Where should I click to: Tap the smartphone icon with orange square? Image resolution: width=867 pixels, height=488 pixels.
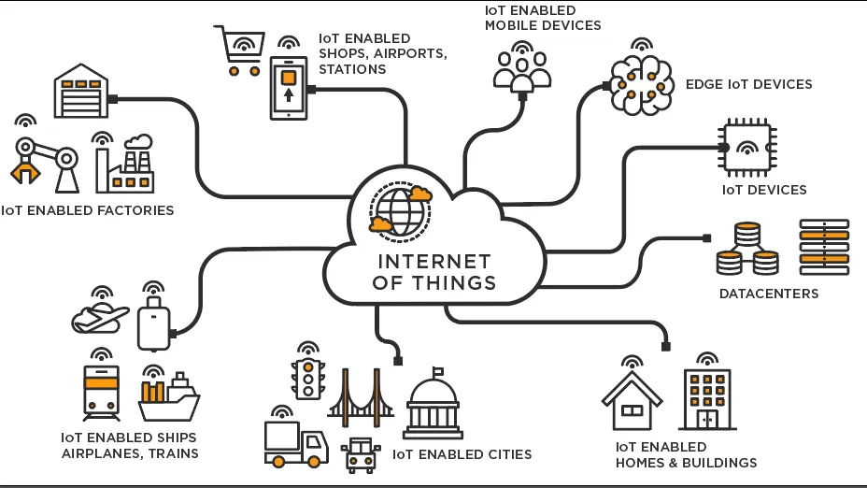point(288,88)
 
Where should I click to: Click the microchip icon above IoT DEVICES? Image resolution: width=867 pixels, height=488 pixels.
point(748,147)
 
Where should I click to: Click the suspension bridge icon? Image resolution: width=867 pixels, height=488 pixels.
point(360,394)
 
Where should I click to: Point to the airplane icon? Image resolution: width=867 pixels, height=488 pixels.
point(100,317)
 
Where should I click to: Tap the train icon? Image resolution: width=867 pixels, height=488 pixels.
point(100,393)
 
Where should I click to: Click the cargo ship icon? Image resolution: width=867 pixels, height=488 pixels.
point(169,398)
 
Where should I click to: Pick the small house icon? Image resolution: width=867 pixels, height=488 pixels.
point(632,400)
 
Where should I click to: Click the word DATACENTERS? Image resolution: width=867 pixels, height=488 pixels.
point(768,294)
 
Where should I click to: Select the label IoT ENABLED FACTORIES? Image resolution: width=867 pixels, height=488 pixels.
point(88,210)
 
